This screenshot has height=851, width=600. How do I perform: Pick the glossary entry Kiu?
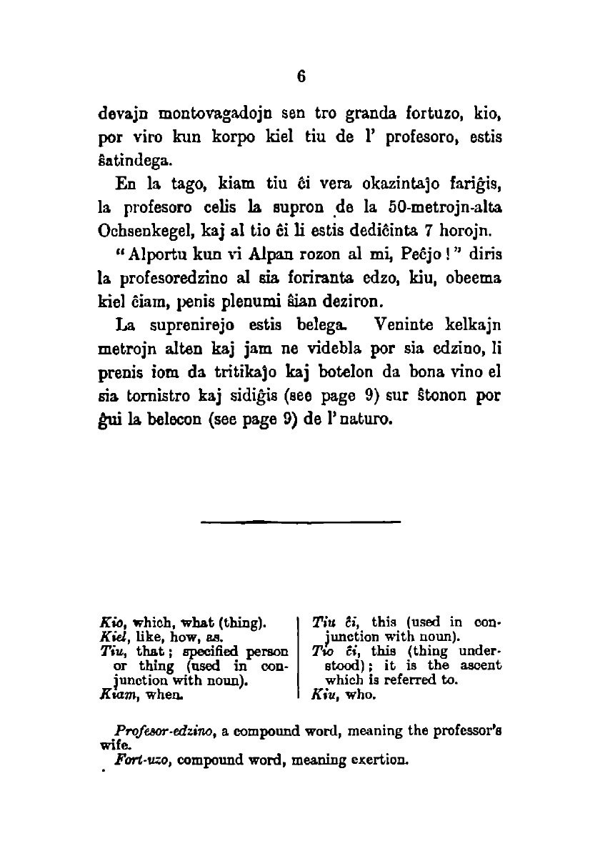tap(324, 693)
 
